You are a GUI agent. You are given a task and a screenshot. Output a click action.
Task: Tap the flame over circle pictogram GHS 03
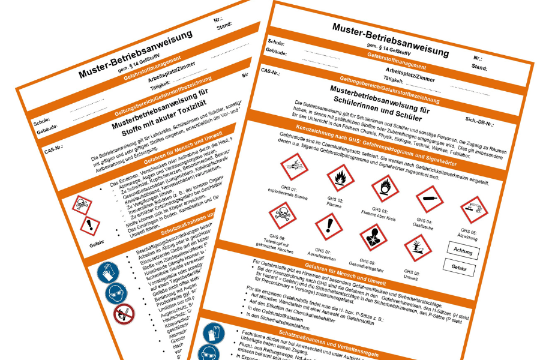(385, 188)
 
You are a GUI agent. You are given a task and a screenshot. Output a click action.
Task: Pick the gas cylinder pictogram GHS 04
(430, 199)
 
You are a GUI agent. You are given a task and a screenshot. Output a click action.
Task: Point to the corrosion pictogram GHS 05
(475, 210)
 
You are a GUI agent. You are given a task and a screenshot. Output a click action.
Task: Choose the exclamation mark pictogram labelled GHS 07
(328, 227)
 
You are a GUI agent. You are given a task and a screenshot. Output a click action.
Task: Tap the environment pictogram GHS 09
(418, 248)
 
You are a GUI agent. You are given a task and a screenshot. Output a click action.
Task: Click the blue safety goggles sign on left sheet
(116, 293)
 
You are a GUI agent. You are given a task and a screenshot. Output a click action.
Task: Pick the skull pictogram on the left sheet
(82, 206)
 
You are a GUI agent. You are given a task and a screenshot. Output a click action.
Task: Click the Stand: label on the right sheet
(479, 68)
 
